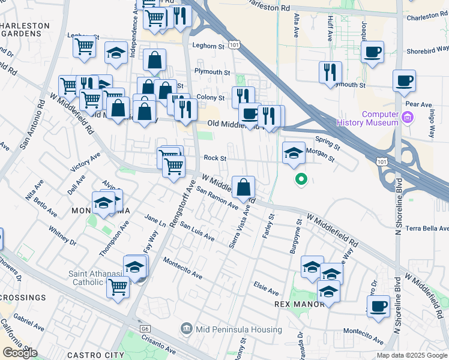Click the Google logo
pos(20,353)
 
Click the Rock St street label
pos(214,158)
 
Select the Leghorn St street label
pos(208,46)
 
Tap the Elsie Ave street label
pos(266,289)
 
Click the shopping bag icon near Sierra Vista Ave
pos(243,188)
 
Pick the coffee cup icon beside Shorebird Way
pos(373,52)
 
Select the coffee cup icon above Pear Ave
pos(404,81)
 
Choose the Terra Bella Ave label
pos(427,229)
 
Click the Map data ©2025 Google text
pos(411,355)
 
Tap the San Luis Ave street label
pos(197,233)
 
